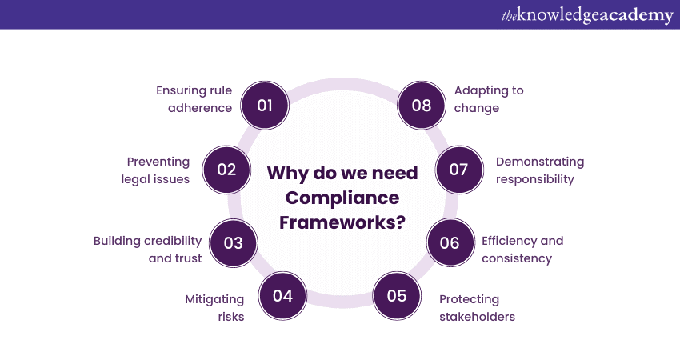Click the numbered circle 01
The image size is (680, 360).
tap(265, 105)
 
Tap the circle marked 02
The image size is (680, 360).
tap(226, 170)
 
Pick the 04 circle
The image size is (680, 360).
tap(282, 295)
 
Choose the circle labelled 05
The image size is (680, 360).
tap(397, 295)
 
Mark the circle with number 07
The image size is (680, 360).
tap(458, 170)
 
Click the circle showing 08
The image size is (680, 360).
tap(421, 105)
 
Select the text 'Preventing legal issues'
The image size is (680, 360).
tap(156, 170)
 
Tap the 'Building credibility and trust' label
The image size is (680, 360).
tap(148, 249)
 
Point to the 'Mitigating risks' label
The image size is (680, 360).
tap(214, 307)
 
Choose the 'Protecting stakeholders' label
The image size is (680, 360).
tap(477, 308)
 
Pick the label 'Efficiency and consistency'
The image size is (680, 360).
tap(522, 249)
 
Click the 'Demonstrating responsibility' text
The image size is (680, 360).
tap(540, 170)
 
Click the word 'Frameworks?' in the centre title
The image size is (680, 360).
tap(342, 222)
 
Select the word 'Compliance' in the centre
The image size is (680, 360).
tap(342, 198)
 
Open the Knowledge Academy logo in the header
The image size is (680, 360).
tap(587, 14)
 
